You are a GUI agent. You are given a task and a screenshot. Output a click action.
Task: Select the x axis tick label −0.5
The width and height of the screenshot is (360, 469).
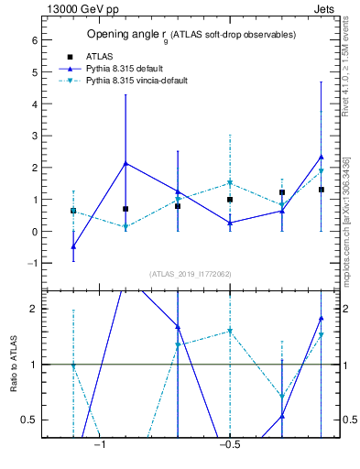tap(228, 446)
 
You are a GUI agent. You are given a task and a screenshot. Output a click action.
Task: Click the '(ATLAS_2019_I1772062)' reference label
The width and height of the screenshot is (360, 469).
tap(190, 274)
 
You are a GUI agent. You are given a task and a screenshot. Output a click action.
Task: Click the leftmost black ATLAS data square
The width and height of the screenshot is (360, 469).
tap(73, 211)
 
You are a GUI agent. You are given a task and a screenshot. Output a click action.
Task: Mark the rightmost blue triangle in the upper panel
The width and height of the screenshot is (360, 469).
tap(321, 157)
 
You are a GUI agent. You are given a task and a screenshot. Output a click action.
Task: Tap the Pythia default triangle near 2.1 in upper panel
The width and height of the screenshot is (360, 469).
tap(125, 164)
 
